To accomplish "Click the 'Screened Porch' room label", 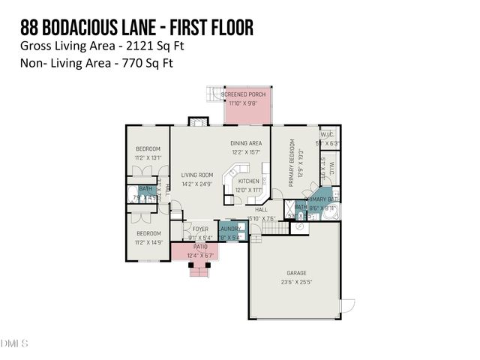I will coord(248,94).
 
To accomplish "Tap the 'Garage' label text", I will coord(296,273).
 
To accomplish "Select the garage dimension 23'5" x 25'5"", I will coord(296,283).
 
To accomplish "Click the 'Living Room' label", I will coord(197,175).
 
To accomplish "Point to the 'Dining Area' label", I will coord(245,142).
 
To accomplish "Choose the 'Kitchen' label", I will coord(248,181).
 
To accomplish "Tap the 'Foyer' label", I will coord(200,229).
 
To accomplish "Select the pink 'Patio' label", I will coord(199,247).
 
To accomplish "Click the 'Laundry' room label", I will coord(230,229).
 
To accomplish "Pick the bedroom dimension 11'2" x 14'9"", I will coord(147,242).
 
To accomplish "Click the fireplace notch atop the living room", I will coord(197,121).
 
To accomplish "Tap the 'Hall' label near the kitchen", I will coord(261,210).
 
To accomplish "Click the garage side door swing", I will coord(347,306).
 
